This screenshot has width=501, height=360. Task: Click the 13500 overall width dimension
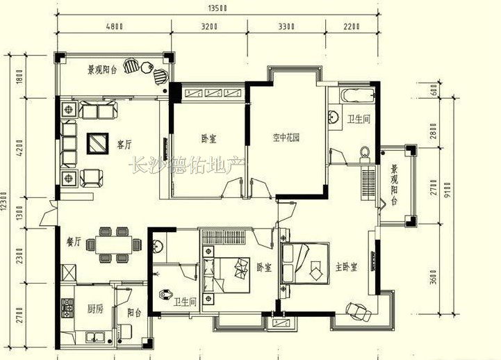pyautogui.click(x=217, y=8)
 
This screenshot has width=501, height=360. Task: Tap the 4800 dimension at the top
pyautogui.click(x=115, y=26)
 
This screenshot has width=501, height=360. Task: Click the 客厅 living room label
pyautogui.click(x=124, y=145)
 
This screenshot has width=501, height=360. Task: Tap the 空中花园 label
pyautogui.click(x=286, y=138)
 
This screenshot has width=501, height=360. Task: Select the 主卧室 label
pyautogui.click(x=346, y=267)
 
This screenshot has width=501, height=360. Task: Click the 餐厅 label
pyautogui.click(x=74, y=242)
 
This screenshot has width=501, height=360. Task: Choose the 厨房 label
pyautogui.click(x=95, y=309)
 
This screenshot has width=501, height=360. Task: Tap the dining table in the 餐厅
pyautogui.click(x=114, y=245)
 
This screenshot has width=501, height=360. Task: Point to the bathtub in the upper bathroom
pyautogui.click(x=358, y=96)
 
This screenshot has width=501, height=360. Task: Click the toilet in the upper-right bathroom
pyautogui.click(x=364, y=154)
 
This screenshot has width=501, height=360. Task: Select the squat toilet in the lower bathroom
pyautogui.click(x=166, y=294)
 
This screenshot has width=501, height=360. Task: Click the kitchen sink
pyautogui.click(x=95, y=336)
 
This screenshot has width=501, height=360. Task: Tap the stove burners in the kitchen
pyautogui.click(x=67, y=309)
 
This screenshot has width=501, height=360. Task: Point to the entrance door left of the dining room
pyautogui.click(x=48, y=214)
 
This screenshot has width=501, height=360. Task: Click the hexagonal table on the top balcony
pyautogui.click(x=147, y=67)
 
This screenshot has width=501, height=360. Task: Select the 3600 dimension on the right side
pyautogui.click(x=434, y=277)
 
